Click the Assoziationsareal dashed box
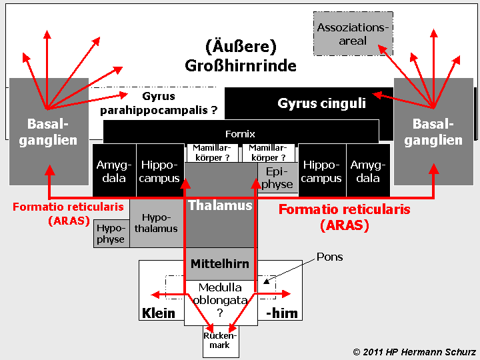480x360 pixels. (x=353, y=34)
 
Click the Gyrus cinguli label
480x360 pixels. (x=321, y=103)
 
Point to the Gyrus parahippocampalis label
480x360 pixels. (x=159, y=104)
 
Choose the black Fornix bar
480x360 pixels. (x=241, y=133)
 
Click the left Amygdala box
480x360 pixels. (x=115, y=171)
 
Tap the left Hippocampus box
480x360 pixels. (x=160, y=171)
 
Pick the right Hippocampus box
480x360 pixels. (x=322, y=171)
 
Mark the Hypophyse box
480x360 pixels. (x=111, y=233)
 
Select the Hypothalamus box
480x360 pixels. (x=156, y=223)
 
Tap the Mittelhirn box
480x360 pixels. (x=219, y=264)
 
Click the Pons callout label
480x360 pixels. (x=329, y=257)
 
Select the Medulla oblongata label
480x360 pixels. (x=220, y=301)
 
